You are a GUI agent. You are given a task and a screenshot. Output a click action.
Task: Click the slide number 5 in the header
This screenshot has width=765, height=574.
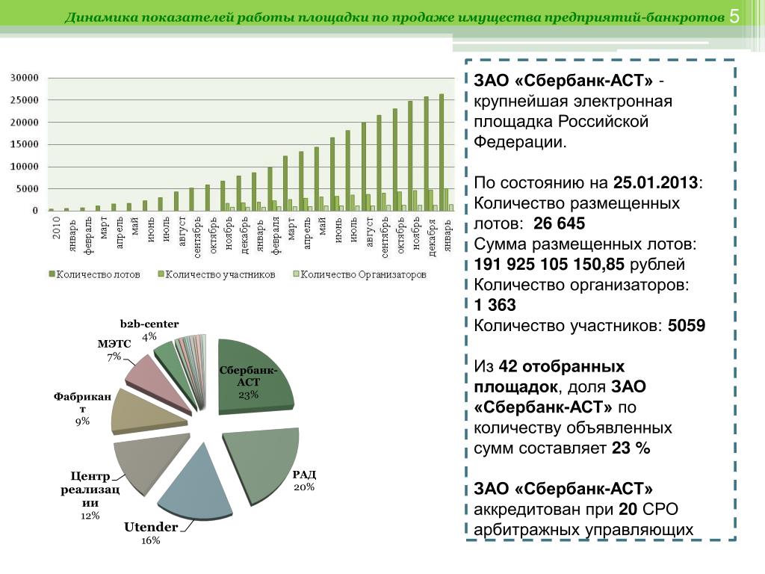pyautogui.click(x=734, y=16)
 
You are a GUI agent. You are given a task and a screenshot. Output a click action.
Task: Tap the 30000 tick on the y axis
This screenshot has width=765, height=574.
pyautogui.click(x=25, y=78)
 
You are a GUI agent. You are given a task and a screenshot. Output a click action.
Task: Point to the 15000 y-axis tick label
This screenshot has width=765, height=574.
pyautogui.click(x=25, y=144)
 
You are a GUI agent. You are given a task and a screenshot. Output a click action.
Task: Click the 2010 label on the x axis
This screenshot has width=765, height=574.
pyautogui.click(x=56, y=228)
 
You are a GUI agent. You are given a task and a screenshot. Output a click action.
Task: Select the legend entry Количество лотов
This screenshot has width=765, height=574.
pyautogui.click(x=94, y=275)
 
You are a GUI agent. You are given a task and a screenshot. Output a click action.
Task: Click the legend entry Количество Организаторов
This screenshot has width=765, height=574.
pyautogui.click(x=359, y=275)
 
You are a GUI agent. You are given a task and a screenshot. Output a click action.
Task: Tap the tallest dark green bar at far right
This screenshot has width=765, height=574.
pyautogui.click(x=442, y=152)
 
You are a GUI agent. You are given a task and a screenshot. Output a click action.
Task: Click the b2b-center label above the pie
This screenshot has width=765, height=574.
pyautogui.click(x=149, y=324)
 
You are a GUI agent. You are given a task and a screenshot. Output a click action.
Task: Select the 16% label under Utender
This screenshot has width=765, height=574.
pyautogui.click(x=150, y=540)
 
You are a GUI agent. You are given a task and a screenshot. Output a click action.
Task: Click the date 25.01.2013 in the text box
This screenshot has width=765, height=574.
pyautogui.click(x=655, y=182)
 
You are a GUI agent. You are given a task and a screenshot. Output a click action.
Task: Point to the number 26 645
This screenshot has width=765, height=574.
pyautogui.click(x=559, y=223)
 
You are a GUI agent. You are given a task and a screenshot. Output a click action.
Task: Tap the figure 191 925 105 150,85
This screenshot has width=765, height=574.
pyautogui.click(x=549, y=264)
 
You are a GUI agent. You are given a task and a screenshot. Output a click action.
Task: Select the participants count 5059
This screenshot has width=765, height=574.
pyautogui.click(x=687, y=326)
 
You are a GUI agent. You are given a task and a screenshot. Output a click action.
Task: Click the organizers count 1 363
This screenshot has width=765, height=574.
pyautogui.click(x=495, y=305)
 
